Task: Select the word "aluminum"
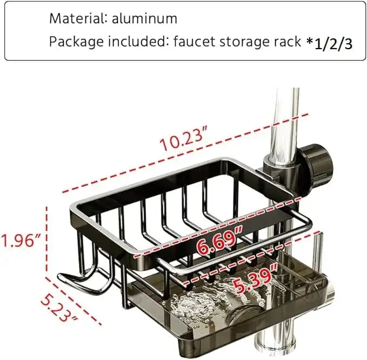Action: (145, 18)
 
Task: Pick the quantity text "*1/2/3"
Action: (330, 43)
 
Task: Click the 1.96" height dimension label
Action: (21, 238)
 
